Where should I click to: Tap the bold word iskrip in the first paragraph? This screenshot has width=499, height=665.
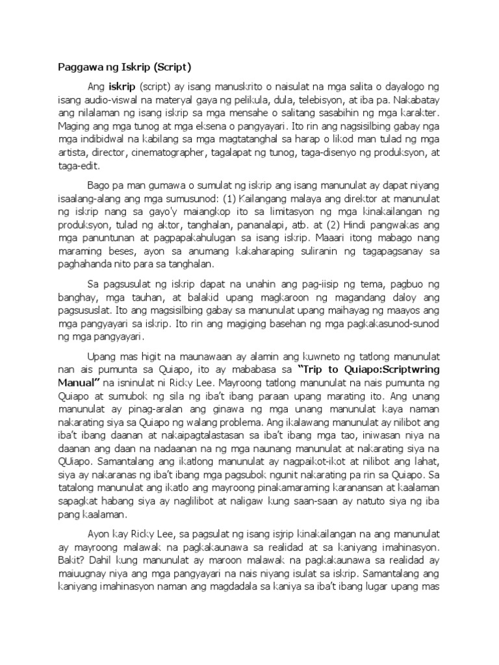click(x=122, y=86)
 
